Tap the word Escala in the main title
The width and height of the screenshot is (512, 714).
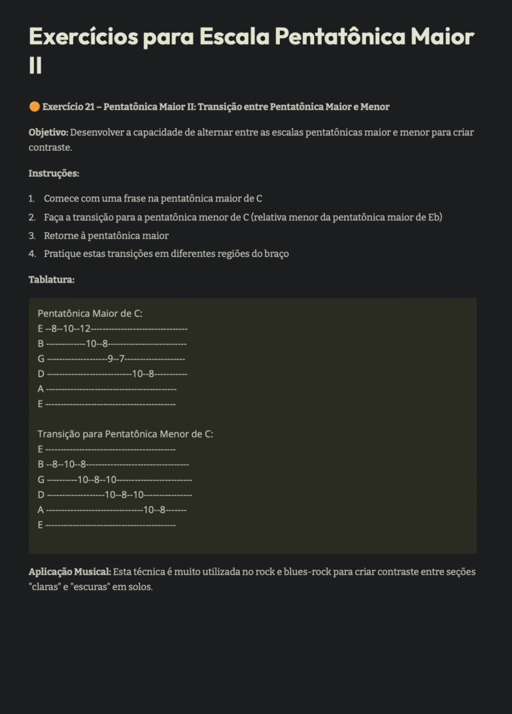[x=236, y=37]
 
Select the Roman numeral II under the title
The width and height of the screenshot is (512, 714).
[x=36, y=66]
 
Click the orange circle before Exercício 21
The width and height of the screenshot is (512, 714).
[x=34, y=107]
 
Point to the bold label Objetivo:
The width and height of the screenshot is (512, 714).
[x=48, y=132]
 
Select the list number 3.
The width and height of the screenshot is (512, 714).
[x=32, y=236]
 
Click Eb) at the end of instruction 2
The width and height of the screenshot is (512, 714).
[x=435, y=218]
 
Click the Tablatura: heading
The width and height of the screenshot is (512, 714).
[x=51, y=280]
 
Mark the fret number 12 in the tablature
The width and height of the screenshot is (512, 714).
[x=84, y=328]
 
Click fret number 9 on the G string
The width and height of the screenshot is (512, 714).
[x=110, y=359]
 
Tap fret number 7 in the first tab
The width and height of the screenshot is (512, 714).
[x=122, y=359]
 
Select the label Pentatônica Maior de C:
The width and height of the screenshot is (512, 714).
[x=90, y=313]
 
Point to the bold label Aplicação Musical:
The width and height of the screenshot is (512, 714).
[x=69, y=572]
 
